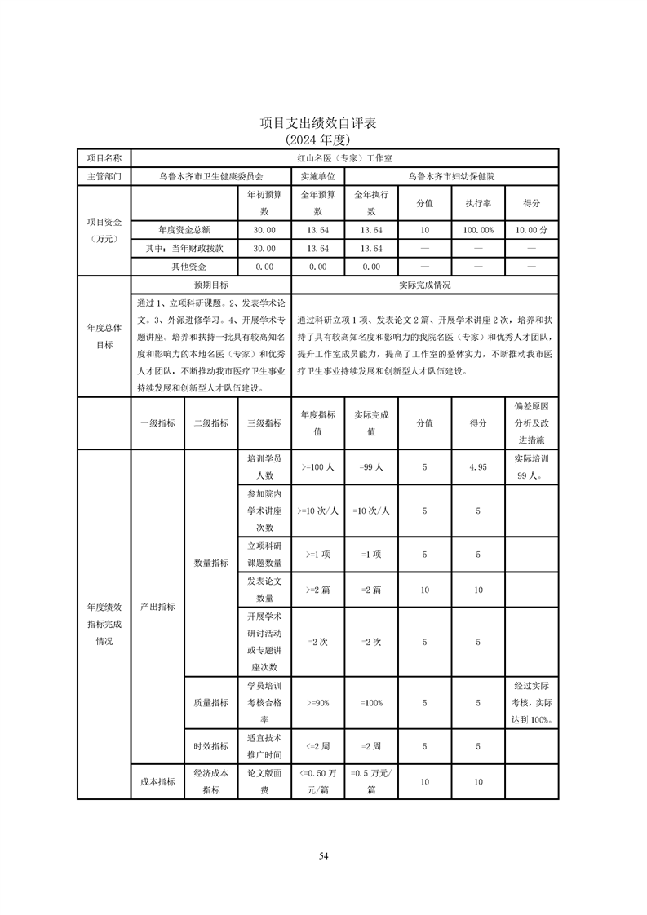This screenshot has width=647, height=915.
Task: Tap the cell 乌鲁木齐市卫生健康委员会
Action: [210, 175]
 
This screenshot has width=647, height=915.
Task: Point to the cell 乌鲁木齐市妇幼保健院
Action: [451, 175]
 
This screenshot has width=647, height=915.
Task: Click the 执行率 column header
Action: [477, 203]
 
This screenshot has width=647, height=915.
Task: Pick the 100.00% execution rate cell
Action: [477, 230]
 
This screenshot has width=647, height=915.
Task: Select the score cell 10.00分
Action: [531, 230]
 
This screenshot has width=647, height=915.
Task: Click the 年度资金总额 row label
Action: [184, 230]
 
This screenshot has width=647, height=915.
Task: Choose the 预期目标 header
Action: [210, 285]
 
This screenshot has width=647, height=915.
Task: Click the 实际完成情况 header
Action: [424, 285]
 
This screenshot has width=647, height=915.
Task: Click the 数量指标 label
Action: [210, 563]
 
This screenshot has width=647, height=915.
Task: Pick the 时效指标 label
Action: [210, 746]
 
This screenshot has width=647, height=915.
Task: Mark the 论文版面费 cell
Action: [264, 781]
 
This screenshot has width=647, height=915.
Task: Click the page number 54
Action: [323, 855]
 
